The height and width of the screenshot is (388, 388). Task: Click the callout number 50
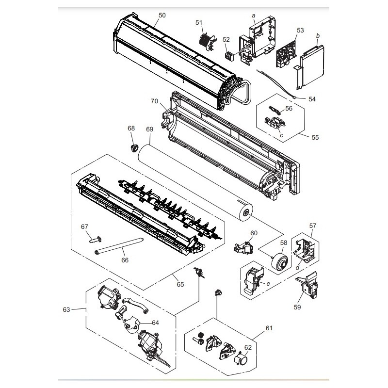[162, 16]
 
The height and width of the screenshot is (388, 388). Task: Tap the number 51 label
[199, 23]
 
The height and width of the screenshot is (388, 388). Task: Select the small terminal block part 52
[229, 57]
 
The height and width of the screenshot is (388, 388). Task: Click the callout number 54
[312, 99]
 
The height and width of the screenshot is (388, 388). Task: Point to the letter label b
[318, 36]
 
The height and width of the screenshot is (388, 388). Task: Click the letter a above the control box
[253, 16]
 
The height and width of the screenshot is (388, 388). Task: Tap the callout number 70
[154, 101]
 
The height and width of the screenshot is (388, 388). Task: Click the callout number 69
[150, 129]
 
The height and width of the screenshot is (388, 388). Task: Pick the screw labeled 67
[95, 240]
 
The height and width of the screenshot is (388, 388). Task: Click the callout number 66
[125, 260]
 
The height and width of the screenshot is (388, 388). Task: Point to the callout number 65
[180, 284]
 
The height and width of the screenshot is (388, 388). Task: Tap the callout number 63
[66, 309]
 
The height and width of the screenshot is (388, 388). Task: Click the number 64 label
[155, 323]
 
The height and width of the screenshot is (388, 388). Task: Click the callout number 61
[269, 328]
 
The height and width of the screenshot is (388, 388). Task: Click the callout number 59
[297, 307]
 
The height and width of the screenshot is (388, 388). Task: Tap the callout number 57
[313, 226]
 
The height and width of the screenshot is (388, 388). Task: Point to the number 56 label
[289, 108]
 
